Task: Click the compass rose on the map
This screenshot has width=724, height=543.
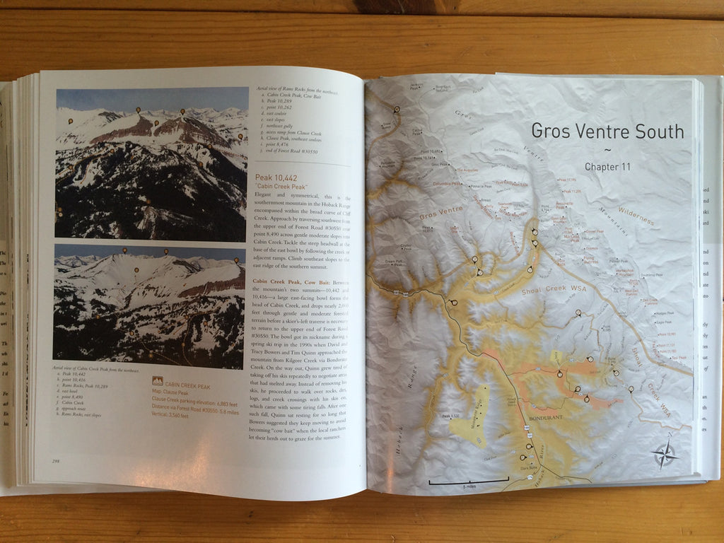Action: click(x=665, y=455)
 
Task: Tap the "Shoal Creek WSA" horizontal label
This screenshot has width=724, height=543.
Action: click(x=561, y=297)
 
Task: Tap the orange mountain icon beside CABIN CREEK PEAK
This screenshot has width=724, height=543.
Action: click(x=157, y=382)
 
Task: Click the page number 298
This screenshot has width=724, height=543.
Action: click(x=55, y=461)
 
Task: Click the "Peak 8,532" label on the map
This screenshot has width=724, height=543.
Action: click(x=451, y=416)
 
